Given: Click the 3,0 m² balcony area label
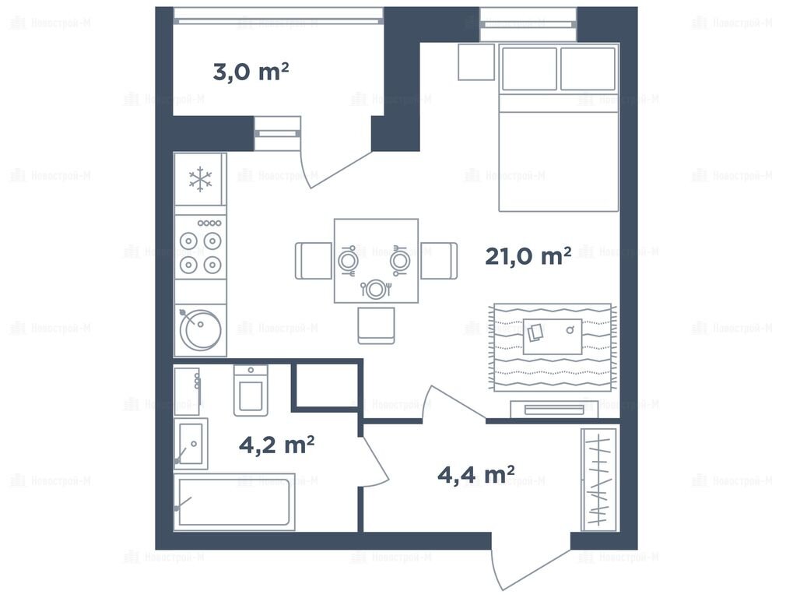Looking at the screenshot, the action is (x=251, y=72).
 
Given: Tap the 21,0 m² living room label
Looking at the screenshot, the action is (x=528, y=256).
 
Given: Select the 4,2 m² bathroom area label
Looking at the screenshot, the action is (x=276, y=445).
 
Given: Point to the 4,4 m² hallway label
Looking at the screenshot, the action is (x=476, y=474).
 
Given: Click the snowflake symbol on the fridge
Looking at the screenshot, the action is (x=200, y=179).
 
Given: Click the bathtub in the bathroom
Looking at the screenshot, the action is (x=234, y=502).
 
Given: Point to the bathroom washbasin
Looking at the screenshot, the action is (x=191, y=444).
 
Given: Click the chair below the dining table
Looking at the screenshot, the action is (x=376, y=325).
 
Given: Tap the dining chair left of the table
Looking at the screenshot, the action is (x=314, y=261).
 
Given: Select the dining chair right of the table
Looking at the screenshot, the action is (x=438, y=261).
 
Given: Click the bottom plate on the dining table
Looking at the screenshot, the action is (x=375, y=290).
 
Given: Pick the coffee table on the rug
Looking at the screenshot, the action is (x=553, y=336).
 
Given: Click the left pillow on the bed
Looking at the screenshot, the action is (x=529, y=69).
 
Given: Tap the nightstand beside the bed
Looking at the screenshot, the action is (x=476, y=62).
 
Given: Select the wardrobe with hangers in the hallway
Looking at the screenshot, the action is (x=599, y=480).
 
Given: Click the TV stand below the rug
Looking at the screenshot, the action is (x=554, y=410).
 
